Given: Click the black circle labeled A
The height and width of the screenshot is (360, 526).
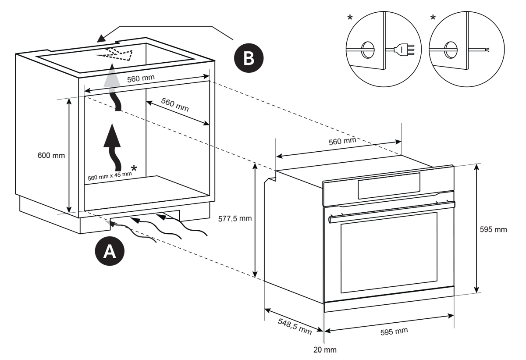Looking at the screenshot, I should click(110, 251).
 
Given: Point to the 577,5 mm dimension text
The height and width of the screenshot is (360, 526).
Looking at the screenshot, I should click(235, 218).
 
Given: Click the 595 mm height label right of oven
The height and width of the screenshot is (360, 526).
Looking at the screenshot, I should click(495, 230).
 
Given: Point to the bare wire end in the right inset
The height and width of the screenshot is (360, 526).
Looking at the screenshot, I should click(487, 50).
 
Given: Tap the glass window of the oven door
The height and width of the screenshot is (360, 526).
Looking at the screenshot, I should click(389, 252).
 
